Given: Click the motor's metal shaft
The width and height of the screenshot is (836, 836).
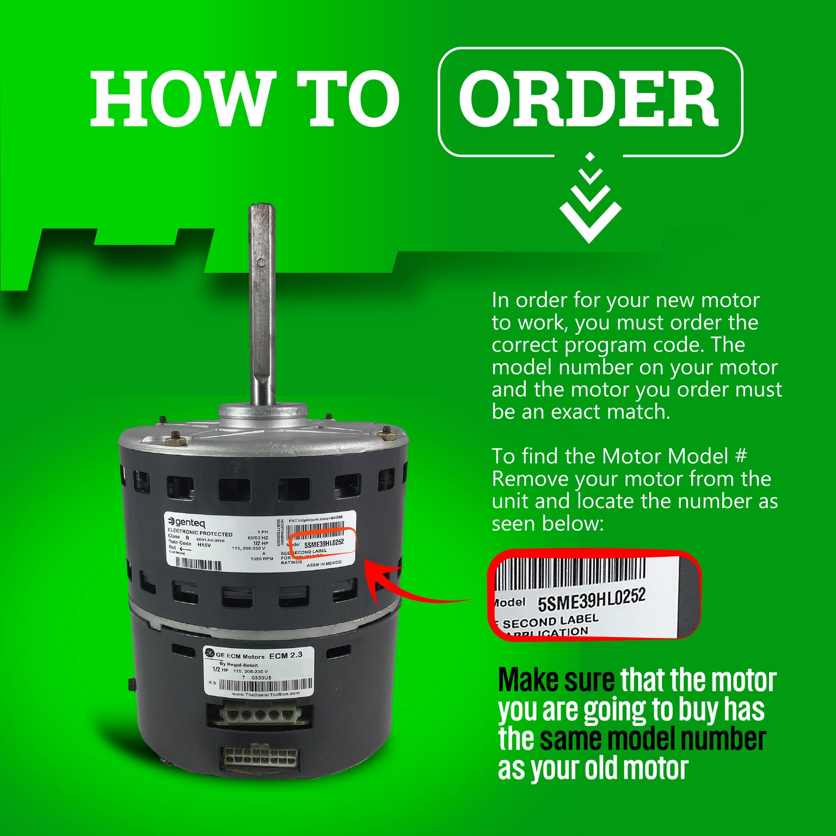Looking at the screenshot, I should coord(262,305).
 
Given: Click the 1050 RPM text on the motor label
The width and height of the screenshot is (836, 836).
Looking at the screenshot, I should coord(261,559).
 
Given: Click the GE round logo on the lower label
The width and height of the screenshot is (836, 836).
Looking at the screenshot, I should coord(210,654).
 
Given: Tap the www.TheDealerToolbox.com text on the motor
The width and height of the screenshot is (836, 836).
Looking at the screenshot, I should coord(266,694).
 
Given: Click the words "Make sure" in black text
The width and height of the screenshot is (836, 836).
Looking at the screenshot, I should coord(556,680).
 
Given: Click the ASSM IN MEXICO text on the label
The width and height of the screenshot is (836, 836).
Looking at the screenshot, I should coord(324,564).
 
